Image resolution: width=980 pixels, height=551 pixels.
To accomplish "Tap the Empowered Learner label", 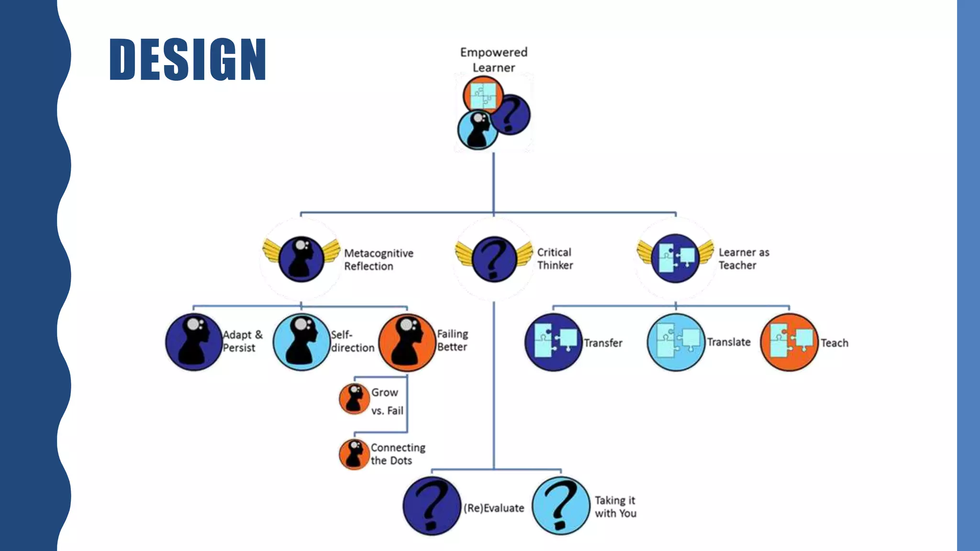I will click(494, 60).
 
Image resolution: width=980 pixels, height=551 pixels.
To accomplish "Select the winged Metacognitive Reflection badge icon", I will click(301, 259).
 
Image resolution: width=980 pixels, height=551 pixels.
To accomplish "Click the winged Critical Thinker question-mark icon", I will click(494, 259).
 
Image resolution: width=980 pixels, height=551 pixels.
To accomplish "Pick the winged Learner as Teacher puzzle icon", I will click(675, 258).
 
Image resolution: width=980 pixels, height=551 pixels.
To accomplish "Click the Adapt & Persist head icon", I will click(193, 342).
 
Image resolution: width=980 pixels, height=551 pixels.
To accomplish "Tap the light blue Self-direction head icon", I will click(301, 342).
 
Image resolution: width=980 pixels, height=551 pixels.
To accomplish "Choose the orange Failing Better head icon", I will click(407, 342).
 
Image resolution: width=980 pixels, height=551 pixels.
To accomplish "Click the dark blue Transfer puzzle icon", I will click(554, 342).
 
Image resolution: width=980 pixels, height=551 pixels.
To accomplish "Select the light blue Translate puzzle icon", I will click(676, 342).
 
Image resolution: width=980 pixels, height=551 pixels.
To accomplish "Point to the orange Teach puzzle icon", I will click(789, 342).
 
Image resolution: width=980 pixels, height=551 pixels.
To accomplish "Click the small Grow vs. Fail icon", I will click(354, 399).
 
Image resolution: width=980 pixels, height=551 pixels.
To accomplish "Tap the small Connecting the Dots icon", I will click(354, 454).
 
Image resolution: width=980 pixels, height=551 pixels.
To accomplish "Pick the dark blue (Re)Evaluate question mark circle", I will click(432, 506).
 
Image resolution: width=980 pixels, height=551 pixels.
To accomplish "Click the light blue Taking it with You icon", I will click(561, 506).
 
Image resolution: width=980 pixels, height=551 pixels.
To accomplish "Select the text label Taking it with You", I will click(615, 507).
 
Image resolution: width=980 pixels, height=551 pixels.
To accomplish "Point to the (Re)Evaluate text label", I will click(494, 508).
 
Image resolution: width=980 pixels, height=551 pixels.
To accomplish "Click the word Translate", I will click(729, 342).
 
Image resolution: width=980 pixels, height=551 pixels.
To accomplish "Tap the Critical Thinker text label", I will click(555, 259).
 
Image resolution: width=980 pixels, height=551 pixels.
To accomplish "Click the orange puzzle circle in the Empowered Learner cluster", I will click(482, 95).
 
